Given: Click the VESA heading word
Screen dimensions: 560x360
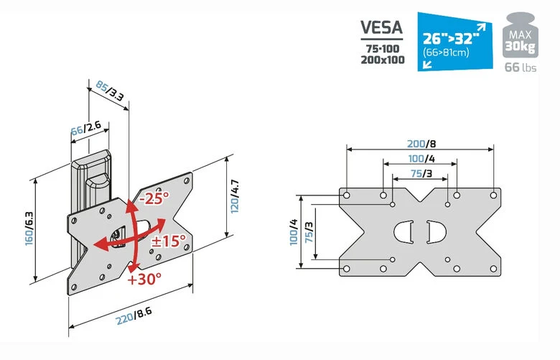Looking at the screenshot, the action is coord(381,27).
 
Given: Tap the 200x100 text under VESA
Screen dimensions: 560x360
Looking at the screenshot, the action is coord(383,60).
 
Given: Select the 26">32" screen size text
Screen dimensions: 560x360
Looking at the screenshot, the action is coord(450,38).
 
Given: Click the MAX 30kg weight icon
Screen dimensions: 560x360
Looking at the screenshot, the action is coord(521,35).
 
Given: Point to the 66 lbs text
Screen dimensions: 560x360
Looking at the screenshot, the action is coord(521,68).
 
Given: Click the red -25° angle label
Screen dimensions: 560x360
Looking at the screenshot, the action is coord(154,198).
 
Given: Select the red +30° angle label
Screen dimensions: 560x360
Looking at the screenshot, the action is coord(144,279).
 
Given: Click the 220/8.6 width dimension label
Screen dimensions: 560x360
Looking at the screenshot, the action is coord(134,315).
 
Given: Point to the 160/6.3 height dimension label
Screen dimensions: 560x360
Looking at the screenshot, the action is coord(29,229).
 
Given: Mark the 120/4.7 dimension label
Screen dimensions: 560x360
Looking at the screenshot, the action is coord(235,196).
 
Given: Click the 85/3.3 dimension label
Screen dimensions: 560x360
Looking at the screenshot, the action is coord(110,91).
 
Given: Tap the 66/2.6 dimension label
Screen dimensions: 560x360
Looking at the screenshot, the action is coord(85,128).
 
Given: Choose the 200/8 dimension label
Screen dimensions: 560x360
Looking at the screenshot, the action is coord(421,144).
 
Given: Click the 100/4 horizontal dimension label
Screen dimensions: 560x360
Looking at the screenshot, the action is coord(421,158).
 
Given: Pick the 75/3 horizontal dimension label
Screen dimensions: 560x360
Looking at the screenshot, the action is coord(421,173).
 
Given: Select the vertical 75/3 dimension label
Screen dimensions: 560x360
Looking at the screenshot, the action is coord(309,231).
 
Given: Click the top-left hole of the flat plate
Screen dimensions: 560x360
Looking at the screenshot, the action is coord(346,195).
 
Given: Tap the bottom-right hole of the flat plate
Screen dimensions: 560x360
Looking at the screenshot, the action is coord(493,269).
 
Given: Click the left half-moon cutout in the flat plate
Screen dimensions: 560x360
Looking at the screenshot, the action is coord(403,231).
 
